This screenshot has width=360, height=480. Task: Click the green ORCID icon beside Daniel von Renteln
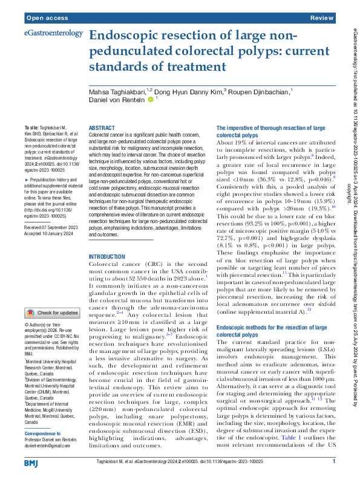[150, 99]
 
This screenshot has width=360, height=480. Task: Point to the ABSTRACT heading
[102, 128]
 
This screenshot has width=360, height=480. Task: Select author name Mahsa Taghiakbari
[117, 91]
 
